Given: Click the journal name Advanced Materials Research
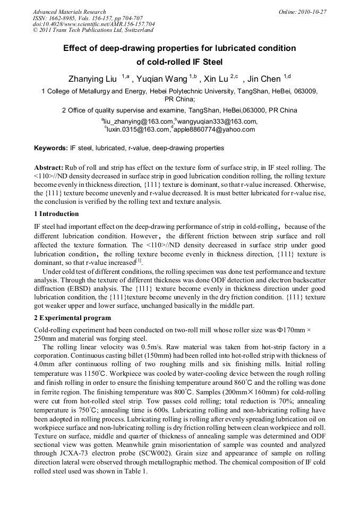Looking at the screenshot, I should click(69, 12).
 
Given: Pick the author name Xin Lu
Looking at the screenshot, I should click(216, 79).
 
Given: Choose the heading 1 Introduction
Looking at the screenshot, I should click(56, 214).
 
